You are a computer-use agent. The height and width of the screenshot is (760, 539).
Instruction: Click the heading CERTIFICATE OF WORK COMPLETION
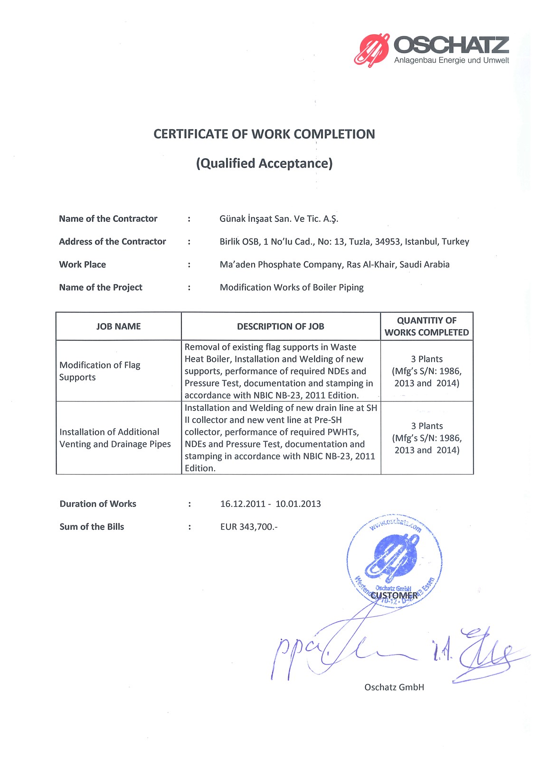pos(264,134)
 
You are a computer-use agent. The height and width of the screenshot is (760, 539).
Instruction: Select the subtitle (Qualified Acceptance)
pos(264,163)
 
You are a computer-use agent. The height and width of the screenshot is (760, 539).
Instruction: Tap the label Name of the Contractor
pos(108,218)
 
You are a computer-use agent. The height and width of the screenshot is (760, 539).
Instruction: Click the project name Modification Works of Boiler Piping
pos(292,287)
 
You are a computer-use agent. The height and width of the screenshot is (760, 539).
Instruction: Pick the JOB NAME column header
pos(118,326)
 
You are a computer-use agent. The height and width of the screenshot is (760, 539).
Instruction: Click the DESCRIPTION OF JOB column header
pos(281,326)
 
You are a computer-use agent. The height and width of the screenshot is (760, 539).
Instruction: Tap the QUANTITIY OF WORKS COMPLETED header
pos(426,326)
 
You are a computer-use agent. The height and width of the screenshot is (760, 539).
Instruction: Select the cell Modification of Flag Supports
pos(100,371)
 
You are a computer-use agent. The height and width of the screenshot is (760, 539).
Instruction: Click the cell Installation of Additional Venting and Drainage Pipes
pos(115,438)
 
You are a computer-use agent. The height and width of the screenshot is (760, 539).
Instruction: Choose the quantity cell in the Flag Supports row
pos(426,371)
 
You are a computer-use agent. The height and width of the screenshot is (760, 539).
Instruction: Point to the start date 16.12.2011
pos(243,503)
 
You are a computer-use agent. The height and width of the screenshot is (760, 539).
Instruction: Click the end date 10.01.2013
pos(298,503)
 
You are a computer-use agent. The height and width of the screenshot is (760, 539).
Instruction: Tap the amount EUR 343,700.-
pos(249,526)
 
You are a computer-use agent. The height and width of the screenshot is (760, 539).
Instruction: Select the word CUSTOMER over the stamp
pos(394,596)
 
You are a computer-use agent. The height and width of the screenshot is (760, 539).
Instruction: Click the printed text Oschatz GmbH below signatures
pos(394,687)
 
